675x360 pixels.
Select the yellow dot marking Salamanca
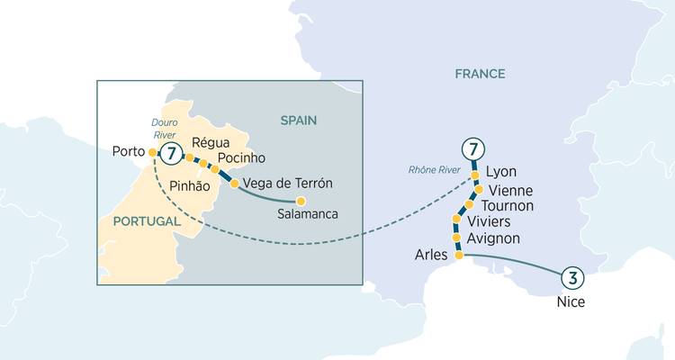pos(301,201)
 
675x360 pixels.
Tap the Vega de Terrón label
pos(288,183)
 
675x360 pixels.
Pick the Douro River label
pos(165,127)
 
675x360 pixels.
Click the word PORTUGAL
pos(146,220)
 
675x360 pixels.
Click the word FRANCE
pos(480,74)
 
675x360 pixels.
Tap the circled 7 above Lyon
pos(471,149)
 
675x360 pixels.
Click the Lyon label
pos(500,171)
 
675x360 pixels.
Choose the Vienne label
pos(508,190)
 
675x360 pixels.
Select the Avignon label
pos(494,238)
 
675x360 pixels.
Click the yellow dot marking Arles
pos(458,256)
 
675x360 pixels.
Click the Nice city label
pos(571,302)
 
